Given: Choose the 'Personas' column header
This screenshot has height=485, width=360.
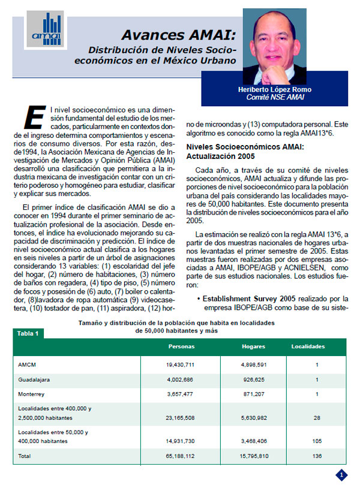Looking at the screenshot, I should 181,347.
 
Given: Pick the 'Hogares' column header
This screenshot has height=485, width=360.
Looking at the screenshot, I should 253,347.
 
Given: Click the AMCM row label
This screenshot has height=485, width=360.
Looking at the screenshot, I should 26,364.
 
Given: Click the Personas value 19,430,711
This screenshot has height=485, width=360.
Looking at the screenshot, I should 181,364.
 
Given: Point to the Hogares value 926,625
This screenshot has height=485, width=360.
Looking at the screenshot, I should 253,379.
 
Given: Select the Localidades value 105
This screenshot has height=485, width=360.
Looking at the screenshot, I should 316,440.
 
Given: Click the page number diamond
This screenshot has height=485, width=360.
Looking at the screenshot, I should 341,474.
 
